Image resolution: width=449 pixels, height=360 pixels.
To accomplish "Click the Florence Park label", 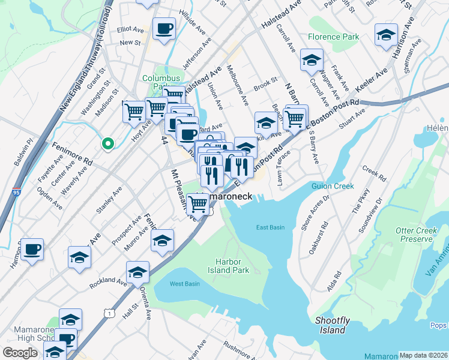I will pyautogui.click(x=333, y=37).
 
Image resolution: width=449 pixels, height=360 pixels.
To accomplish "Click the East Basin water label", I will pyautogui.click(x=270, y=227).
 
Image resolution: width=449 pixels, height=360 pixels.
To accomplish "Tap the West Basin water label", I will pyautogui.click(x=184, y=283).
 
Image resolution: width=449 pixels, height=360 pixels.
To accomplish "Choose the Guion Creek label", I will pyautogui.click(x=333, y=186).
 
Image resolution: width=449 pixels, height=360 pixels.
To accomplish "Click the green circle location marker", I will pyautogui.click(x=107, y=143).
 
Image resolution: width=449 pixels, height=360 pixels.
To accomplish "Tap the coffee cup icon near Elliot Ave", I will pyautogui.click(x=164, y=28).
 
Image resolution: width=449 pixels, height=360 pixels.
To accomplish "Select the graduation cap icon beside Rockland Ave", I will pyautogui.click(x=138, y=272).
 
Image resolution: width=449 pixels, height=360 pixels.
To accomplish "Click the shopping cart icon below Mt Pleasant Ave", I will pyautogui.click(x=198, y=204).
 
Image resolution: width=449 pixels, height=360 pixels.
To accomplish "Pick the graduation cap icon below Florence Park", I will pyautogui.click(x=312, y=59).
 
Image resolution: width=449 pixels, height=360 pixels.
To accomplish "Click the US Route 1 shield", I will pyautogui.click(x=109, y=313).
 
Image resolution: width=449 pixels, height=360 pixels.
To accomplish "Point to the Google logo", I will pyautogui.click(x=20, y=352).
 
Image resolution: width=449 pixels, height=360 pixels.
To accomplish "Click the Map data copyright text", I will pyautogui.click(x=423, y=355).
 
